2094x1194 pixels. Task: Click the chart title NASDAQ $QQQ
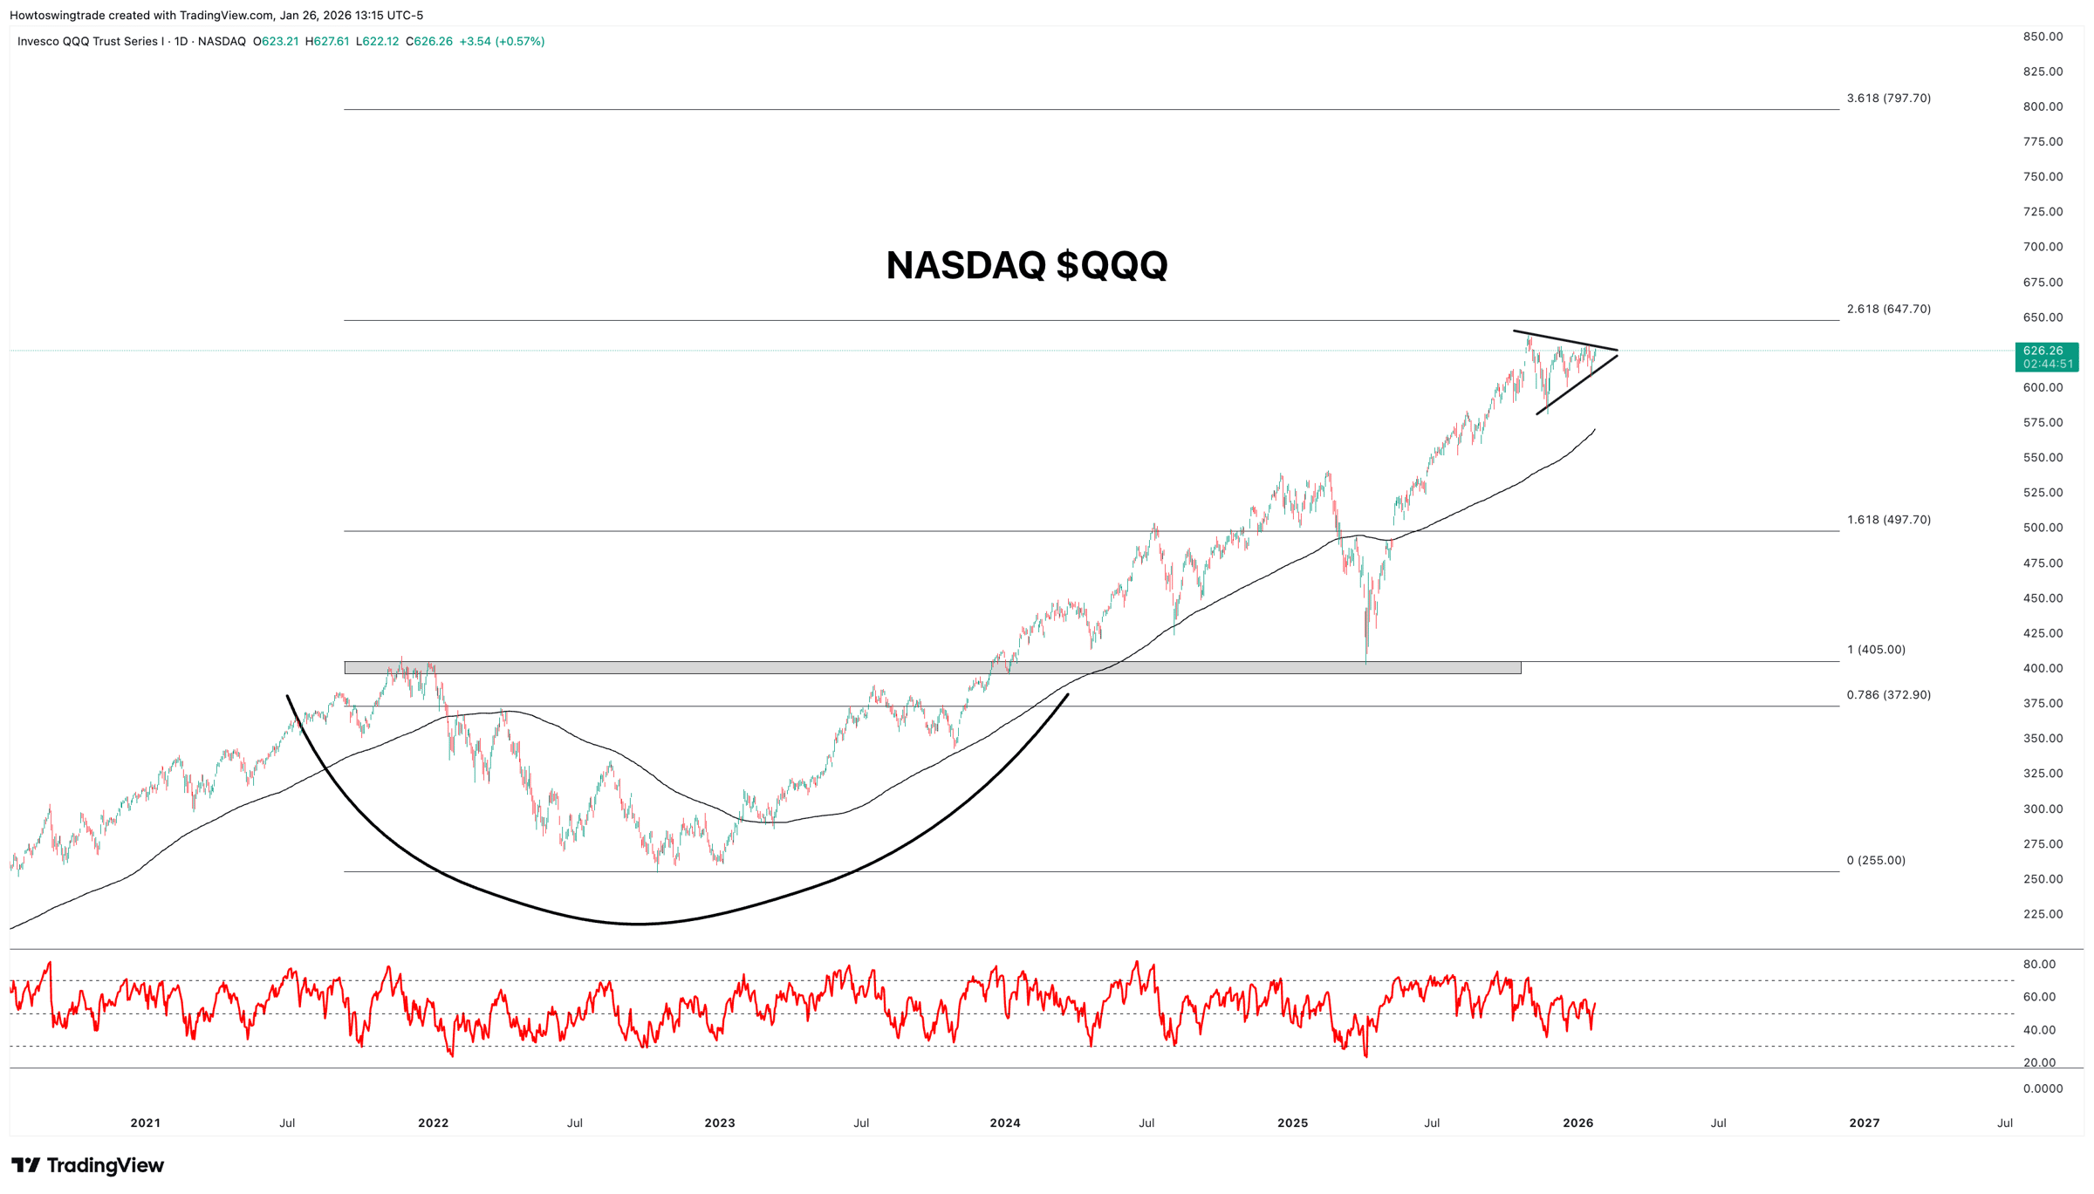point(1026,265)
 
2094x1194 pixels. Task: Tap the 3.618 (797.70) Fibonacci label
point(1888,99)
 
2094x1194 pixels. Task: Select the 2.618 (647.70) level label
point(1888,309)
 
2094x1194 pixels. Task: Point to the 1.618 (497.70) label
point(1888,520)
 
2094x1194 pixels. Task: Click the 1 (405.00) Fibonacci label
point(1876,650)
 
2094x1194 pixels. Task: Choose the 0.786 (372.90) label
point(1888,695)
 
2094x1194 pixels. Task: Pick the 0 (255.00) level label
point(1876,860)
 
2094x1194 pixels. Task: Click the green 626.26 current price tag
point(2046,356)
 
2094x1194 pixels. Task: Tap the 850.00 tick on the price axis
point(2043,37)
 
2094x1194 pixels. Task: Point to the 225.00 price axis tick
point(2043,914)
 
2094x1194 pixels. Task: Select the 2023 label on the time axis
point(720,1122)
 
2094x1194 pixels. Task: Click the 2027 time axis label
point(1865,1122)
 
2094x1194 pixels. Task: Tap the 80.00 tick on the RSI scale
point(2039,964)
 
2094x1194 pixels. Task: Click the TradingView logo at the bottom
point(87,1165)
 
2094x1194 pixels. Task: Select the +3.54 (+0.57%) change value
point(502,42)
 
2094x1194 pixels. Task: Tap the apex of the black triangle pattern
point(1617,351)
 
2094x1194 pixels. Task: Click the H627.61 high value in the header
point(327,42)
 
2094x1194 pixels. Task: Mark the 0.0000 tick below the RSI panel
point(2043,1088)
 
